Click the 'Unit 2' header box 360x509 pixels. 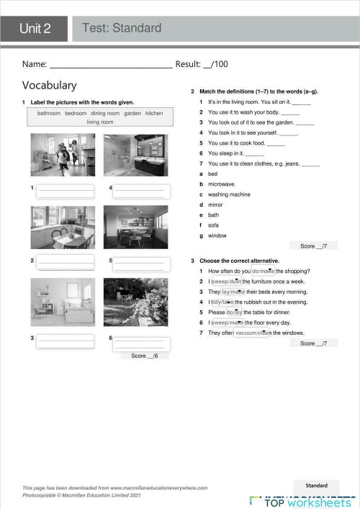[x=35, y=29]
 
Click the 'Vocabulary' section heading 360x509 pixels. [x=49, y=85]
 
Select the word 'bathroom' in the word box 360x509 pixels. [x=49, y=113]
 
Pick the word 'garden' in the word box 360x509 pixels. [x=132, y=113]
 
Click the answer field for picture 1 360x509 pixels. [x=66, y=191]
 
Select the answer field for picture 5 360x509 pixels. [x=141, y=263]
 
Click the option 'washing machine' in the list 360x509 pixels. [x=229, y=194]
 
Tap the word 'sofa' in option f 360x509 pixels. [x=213, y=225]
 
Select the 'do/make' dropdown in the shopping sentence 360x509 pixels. [x=264, y=271]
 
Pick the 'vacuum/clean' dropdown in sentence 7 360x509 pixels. [x=252, y=333]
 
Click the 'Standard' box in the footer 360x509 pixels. [x=317, y=486]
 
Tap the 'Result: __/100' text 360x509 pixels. [x=202, y=65]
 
